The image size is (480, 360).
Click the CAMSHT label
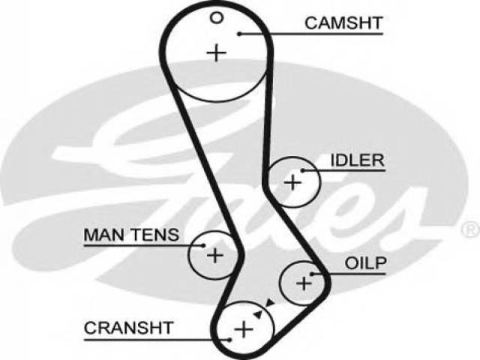coord(343,23)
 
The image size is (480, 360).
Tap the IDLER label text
coord(357,160)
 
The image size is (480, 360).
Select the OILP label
coord(365,263)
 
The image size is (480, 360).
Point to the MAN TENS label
coord(131,235)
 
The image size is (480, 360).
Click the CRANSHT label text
coord(129,328)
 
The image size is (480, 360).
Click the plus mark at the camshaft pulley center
coord(217,53)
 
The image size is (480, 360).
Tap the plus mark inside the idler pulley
coord(293,182)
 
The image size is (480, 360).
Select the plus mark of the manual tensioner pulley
coord(215,255)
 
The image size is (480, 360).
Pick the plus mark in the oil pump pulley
coord(304,283)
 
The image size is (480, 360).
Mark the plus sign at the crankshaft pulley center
coord(244,329)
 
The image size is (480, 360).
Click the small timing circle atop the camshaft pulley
coord(217,18)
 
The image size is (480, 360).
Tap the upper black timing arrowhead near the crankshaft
coord(270,303)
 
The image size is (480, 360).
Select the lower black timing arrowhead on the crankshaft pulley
coord(258,313)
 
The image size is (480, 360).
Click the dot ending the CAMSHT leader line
coord(240,34)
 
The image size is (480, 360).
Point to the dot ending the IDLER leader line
coord(302,170)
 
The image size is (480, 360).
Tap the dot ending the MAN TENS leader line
coord(203,245)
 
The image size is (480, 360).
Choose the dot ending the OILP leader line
coord(312,274)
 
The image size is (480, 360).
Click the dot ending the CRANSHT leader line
coord(229,340)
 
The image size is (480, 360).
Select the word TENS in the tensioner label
coord(155,235)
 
